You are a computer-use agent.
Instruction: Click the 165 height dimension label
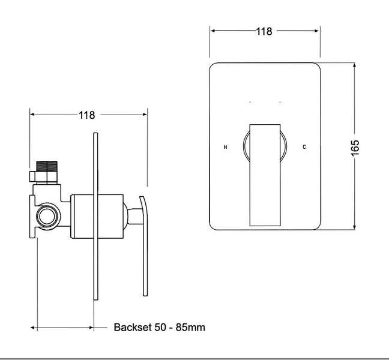tap(355, 148)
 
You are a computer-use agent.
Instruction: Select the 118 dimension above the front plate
tap(264, 31)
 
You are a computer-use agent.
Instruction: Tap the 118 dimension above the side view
tap(87, 115)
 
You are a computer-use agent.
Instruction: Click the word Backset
tap(133, 327)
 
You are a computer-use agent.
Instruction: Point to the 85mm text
tap(190, 327)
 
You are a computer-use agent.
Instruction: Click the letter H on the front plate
tap(226, 147)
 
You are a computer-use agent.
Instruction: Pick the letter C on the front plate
tap(304, 147)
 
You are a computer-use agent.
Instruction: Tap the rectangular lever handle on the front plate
tap(265, 175)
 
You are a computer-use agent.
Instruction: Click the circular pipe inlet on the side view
tap(47, 217)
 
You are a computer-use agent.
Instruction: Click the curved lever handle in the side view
tap(144, 246)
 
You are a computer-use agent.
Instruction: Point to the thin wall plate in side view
tap(95, 217)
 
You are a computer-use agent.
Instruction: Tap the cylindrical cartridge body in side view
tap(97, 217)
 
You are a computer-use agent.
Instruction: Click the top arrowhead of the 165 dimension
tap(355, 65)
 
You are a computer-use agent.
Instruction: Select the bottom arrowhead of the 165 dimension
tap(355, 227)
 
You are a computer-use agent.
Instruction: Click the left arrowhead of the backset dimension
tap(33, 328)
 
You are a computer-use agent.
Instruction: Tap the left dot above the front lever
tap(250, 102)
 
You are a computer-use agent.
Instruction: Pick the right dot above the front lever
tap(280, 102)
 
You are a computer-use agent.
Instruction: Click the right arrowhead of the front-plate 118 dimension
tap(316, 31)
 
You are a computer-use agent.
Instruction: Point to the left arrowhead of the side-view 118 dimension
tap(32, 114)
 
